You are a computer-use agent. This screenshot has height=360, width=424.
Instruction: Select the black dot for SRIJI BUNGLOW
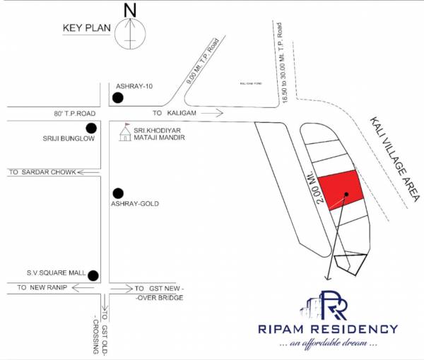(x=90, y=128)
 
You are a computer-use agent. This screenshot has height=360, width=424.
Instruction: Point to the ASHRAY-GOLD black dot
(x=118, y=192)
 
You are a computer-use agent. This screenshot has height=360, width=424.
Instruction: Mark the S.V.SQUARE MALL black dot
(x=92, y=275)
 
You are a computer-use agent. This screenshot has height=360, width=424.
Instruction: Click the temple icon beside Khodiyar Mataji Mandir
(x=125, y=132)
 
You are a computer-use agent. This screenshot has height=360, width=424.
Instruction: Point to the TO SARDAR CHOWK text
(x=41, y=172)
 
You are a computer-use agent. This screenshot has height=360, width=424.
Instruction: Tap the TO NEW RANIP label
(x=44, y=287)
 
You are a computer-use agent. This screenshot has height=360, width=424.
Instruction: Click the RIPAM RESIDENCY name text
(x=338, y=329)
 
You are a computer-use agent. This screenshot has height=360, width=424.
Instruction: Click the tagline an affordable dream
(x=338, y=344)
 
